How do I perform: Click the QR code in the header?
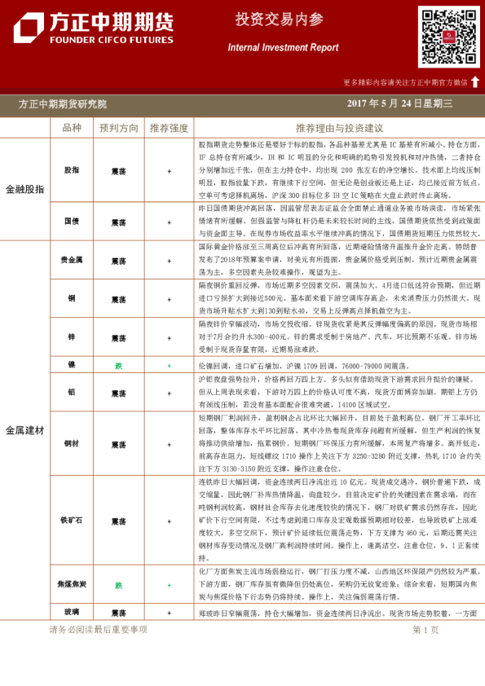coord(449,37)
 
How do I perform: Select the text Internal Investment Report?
coord(283,47)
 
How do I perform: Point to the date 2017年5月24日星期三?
coord(399,104)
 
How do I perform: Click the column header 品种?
coord(72,128)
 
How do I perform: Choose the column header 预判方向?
coord(118,128)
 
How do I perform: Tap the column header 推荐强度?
coord(169,128)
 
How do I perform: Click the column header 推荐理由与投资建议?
coord(339,128)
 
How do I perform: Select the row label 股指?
coord(72,170)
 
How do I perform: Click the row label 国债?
coord(72,222)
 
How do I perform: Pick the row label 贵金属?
coord(72,261)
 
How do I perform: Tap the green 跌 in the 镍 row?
coord(119,366)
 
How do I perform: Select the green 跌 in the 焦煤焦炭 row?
coord(119,585)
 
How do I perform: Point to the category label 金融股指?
coord(24,189)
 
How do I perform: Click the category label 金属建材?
coord(24,429)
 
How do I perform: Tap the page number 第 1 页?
coord(425,630)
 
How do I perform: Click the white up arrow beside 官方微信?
coord(475,81)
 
